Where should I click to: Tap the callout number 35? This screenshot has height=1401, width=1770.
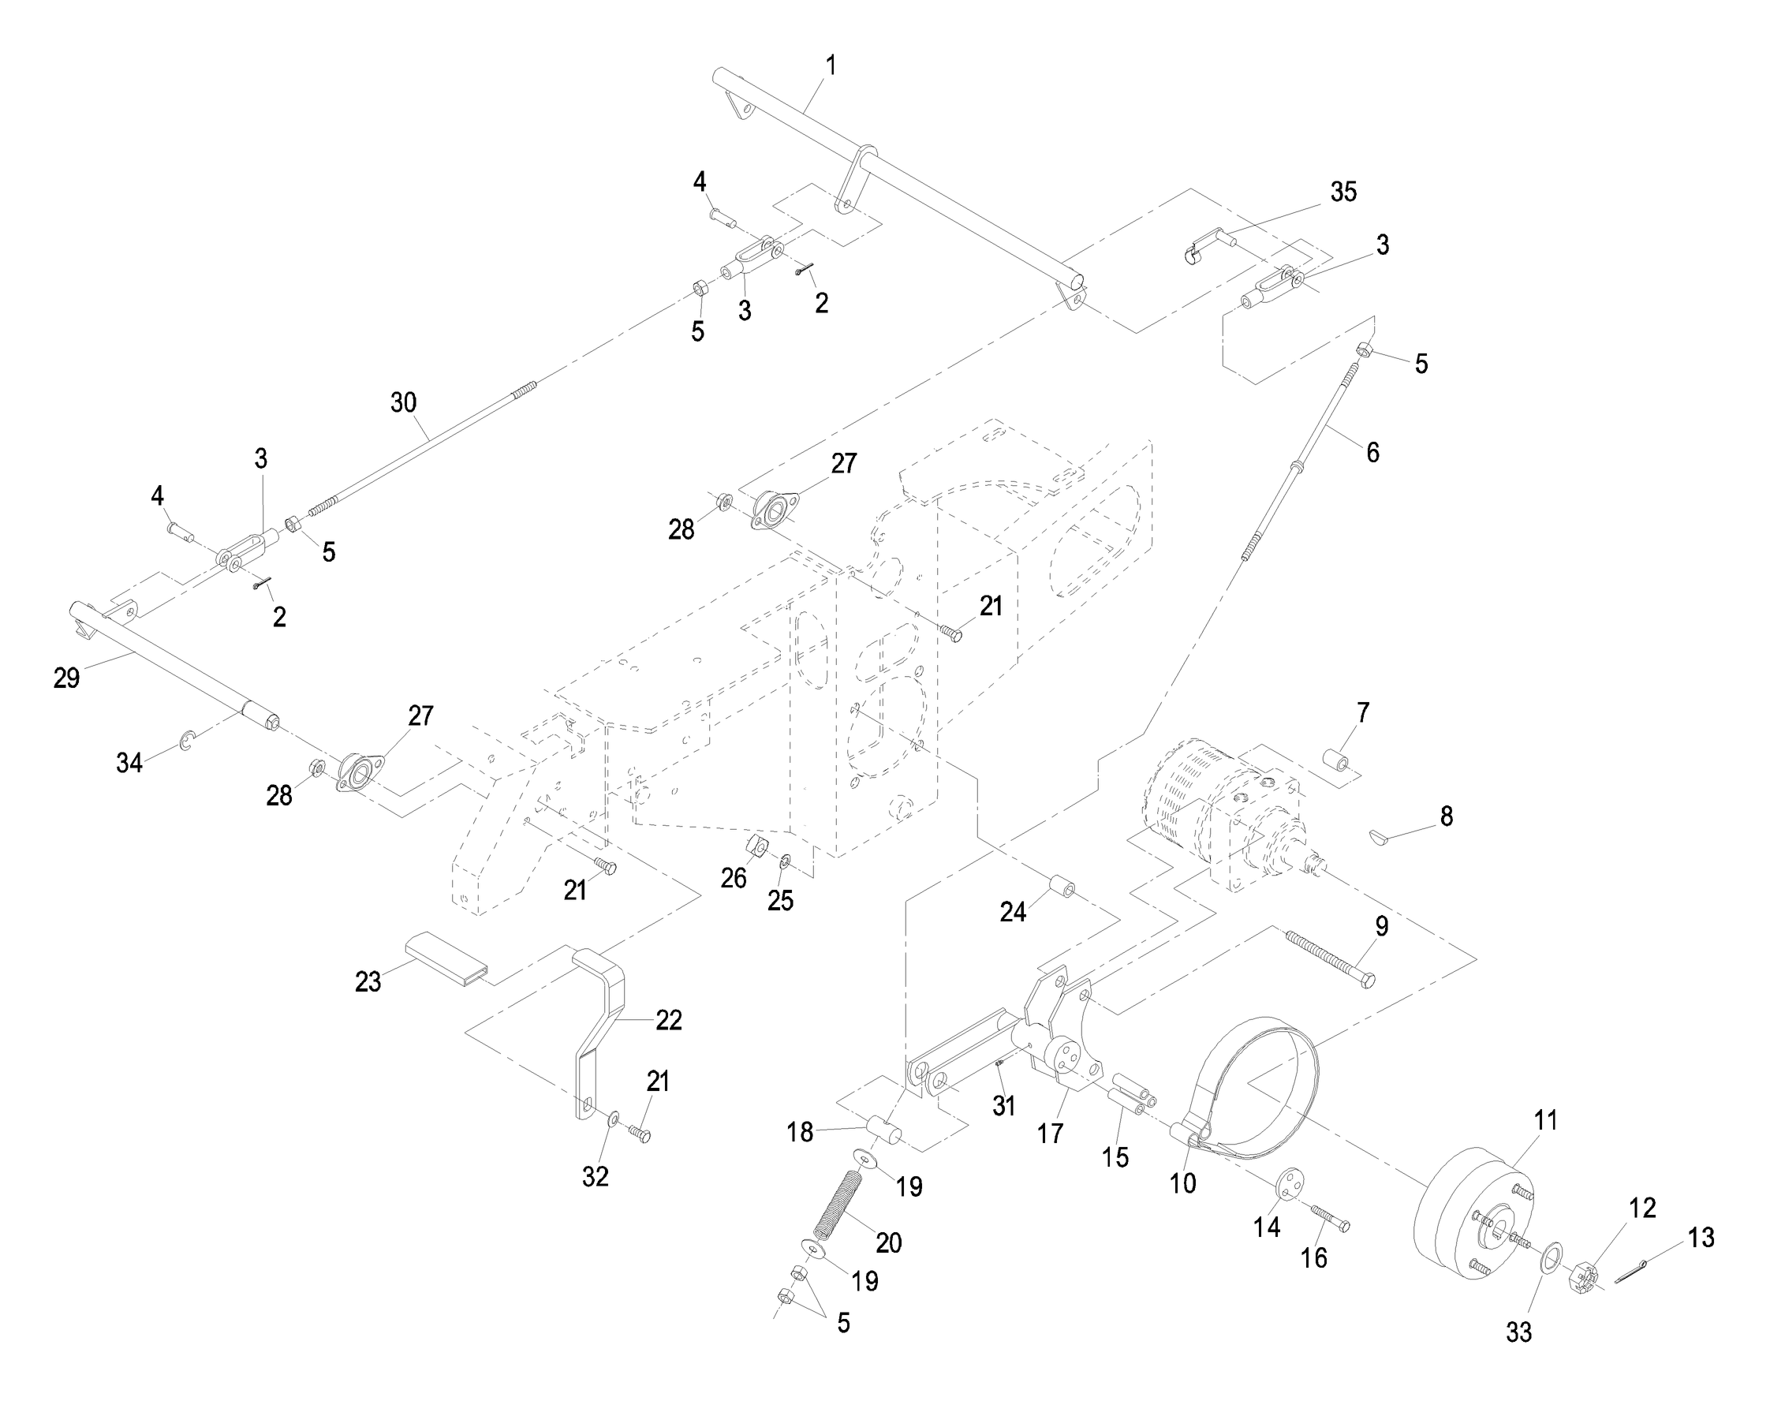coord(1342,192)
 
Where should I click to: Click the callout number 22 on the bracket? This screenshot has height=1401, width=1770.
coord(668,1021)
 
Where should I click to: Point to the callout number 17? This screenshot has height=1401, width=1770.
coord(1050,1134)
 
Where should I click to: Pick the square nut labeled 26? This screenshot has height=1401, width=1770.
coord(757,846)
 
